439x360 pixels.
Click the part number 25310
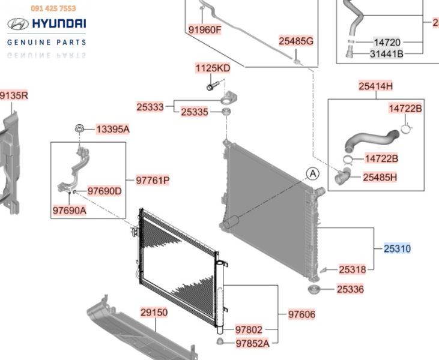[x=398, y=248]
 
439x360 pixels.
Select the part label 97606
[x=301, y=314]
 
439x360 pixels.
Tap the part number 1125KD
[x=212, y=68]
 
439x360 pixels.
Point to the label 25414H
[x=376, y=86]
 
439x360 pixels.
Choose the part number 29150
[x=154, y=313]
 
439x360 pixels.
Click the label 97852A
[x=252, y=344]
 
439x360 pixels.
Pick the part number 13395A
[x=113, y=129]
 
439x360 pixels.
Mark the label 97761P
[x=152, y=180]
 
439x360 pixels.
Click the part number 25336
[x=350, y=289]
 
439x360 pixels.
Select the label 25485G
[x=296, y=41]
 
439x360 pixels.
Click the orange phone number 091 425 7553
[x=53, y=8]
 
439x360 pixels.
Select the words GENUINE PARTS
[x=46, y=42]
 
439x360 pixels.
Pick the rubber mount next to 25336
[x=314, y=292]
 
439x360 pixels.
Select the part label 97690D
[x=104, y=191]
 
